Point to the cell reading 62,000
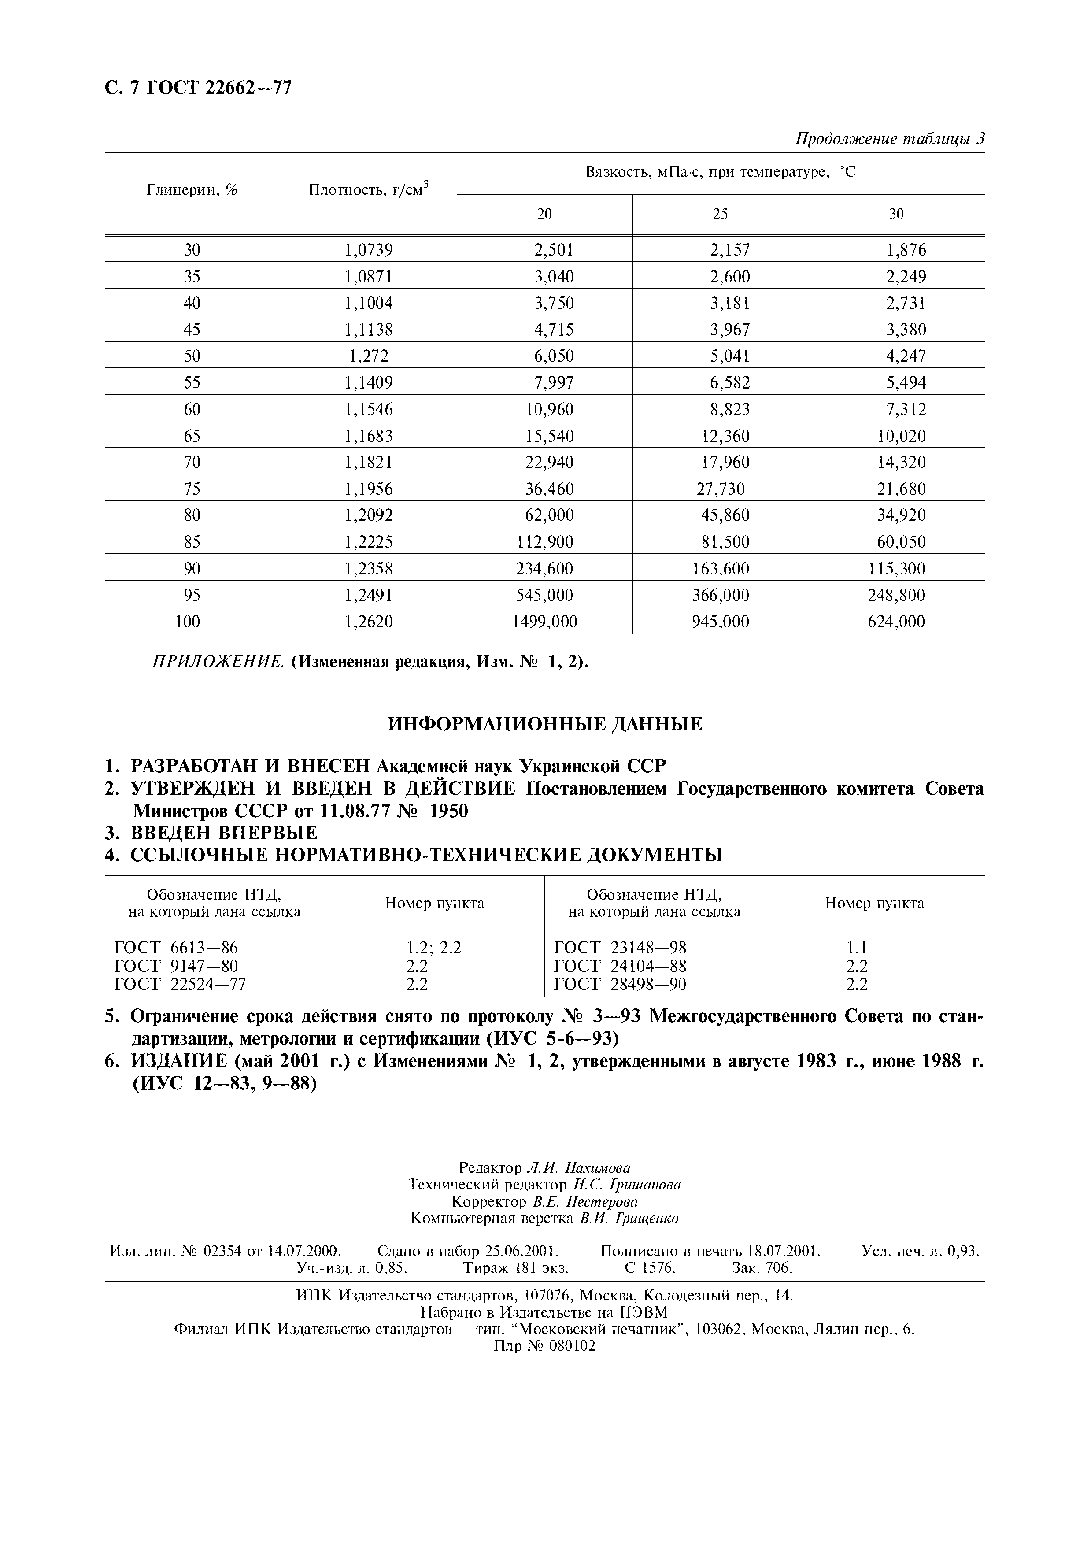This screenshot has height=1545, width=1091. (550, 515)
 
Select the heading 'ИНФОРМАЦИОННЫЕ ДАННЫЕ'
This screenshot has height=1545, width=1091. (545, 725)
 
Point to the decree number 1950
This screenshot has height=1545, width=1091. (449, 811)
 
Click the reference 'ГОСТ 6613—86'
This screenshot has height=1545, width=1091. (176, 948)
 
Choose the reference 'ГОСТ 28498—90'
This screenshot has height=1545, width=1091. (620, 985)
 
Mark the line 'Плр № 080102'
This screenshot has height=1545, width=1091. (545, 1346)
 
